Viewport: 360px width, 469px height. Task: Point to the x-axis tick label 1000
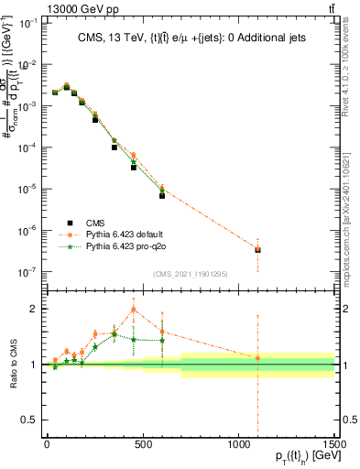(238, 444)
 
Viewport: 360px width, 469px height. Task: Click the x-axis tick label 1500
(334, 444)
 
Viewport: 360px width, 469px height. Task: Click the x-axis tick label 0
(47, 444)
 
